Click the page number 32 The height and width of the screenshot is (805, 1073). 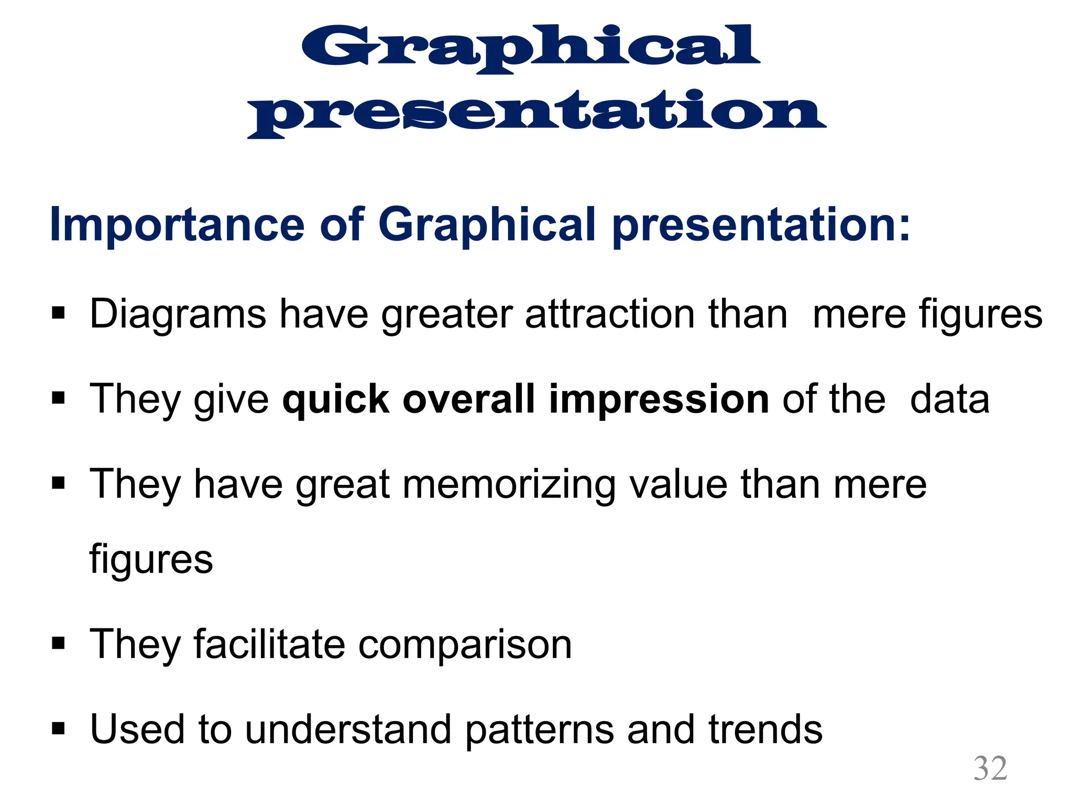[990, 768]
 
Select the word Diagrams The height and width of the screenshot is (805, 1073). [178, 314]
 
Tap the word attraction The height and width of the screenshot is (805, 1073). [610, 314]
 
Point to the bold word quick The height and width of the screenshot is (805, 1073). [335, 399]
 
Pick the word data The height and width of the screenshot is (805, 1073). [950, 399]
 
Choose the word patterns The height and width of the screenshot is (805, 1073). [539, 731]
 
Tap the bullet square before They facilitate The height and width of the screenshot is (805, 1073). [58, 643]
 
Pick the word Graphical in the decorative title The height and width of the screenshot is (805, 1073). [530, 48]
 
